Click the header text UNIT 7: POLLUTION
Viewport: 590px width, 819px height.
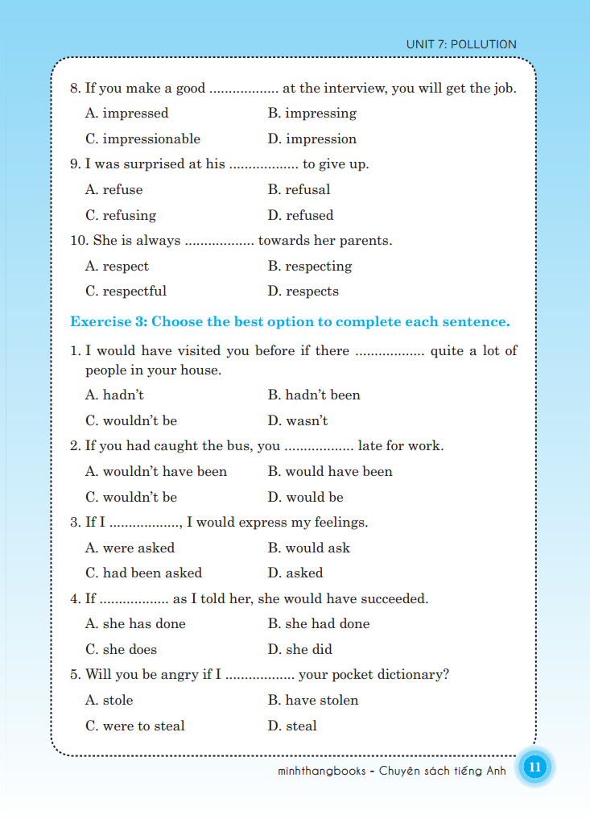461,44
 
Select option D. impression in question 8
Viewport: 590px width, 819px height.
312,139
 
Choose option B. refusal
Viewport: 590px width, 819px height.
299,189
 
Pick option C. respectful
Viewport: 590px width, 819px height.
126,291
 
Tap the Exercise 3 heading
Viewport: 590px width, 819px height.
290,321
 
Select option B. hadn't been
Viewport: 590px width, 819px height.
314,395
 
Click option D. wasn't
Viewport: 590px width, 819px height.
298,420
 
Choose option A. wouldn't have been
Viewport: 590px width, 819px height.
156,471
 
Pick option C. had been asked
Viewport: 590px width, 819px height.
143,573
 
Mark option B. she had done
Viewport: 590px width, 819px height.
319,623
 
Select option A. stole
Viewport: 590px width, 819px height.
109,700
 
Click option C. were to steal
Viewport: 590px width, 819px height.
135,726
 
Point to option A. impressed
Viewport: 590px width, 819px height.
127,113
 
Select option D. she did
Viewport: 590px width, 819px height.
299,649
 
